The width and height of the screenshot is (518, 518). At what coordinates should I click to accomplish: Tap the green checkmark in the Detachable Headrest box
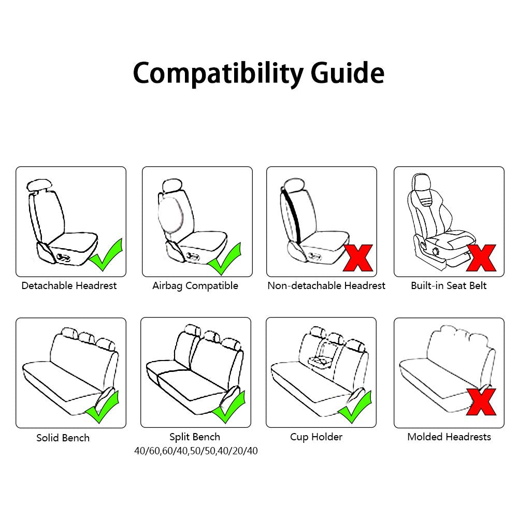(x=107, y=256)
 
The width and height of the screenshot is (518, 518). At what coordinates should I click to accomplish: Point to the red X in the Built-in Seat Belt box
(x=481, y=257)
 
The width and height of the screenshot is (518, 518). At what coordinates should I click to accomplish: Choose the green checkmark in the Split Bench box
(x=228, y=407)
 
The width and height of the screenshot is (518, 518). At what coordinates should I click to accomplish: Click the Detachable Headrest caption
(x=69, y=285)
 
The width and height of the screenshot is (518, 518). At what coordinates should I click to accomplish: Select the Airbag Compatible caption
(x=195, y=285)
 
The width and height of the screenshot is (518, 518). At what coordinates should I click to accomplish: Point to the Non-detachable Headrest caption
(x=326, y=285)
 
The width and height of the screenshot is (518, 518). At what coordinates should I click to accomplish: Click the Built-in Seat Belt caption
(x=449, y=285)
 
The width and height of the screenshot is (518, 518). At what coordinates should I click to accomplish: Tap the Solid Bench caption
(x=63, y=438)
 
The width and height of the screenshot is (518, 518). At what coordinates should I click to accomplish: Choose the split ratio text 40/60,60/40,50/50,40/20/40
(x=195, y=451)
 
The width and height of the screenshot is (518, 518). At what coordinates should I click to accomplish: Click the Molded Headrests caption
(x=449, y=437)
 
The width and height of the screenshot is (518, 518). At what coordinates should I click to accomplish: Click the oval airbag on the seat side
(x=169, y=213)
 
